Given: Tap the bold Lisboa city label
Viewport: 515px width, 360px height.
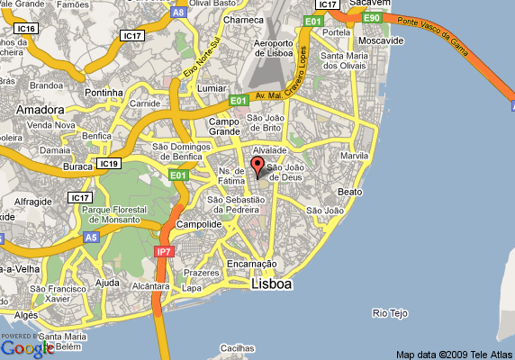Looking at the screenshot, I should pos(271,285).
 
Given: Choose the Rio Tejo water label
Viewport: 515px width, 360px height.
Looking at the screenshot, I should pos(390,313).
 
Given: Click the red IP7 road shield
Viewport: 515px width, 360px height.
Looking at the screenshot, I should pos(163,252).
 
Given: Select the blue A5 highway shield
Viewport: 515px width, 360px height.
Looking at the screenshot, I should pos(90,238).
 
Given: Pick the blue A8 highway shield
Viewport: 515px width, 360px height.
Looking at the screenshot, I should pos(179,13).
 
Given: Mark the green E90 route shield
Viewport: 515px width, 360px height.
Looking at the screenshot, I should pos(371,17).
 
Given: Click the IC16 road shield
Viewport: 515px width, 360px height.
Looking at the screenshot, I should pos(26,30).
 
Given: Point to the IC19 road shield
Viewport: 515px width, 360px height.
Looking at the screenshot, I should pos(109,164).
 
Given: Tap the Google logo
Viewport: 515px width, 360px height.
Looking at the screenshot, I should pos(27,347).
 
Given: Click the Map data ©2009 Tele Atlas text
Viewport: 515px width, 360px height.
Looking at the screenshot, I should pos(453,353).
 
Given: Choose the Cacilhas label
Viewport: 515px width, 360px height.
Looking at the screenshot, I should pos(239,347).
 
